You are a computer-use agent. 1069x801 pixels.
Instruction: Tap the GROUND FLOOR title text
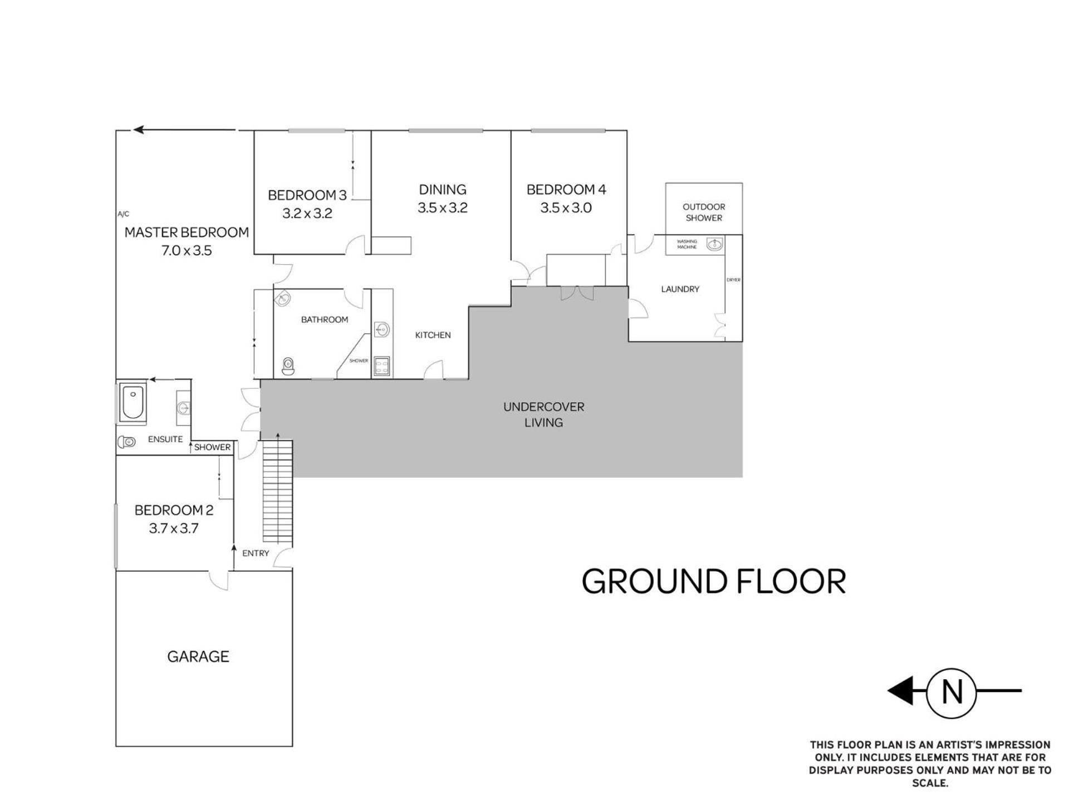[714, 581]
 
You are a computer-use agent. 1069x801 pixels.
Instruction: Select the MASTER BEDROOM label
[187, 233]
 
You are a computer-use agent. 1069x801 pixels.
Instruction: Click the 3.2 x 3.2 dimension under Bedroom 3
[307, 214]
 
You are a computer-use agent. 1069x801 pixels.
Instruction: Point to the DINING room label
[443, 190]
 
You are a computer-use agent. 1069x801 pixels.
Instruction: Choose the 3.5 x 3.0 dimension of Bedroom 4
[566, 208]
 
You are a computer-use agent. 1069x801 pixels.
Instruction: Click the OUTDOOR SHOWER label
[704, 212]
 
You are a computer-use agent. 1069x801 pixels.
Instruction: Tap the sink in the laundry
[715, 244]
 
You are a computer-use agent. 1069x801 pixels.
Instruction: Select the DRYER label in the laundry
[734, 280]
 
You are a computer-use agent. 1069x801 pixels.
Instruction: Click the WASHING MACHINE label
[686, 244]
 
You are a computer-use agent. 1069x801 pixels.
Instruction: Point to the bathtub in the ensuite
[133, 402]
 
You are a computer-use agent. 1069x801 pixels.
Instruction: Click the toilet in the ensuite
[126, 442]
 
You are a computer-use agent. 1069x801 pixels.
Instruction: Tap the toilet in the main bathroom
[288, 367]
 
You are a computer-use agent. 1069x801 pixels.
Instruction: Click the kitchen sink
[382, 330]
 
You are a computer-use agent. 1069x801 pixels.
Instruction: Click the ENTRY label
[256, 553]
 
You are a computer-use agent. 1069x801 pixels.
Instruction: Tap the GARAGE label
[198, 657]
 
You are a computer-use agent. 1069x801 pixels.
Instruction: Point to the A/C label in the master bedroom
[123, 214]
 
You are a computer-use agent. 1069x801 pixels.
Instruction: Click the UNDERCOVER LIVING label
[543, 415]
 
